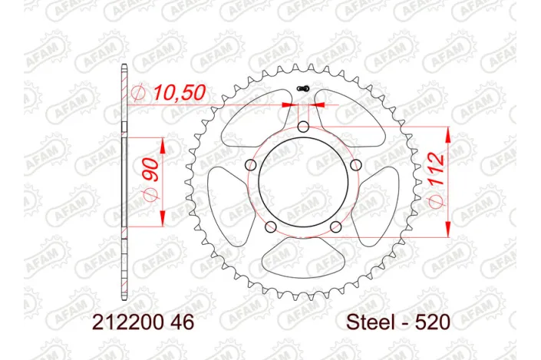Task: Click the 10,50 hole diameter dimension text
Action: coord(179,93)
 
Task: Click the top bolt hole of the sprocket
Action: coord(303,127)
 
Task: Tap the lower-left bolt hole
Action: coord(271,225)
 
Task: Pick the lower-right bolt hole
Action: coord(335,225)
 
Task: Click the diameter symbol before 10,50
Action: coord(139,93)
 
